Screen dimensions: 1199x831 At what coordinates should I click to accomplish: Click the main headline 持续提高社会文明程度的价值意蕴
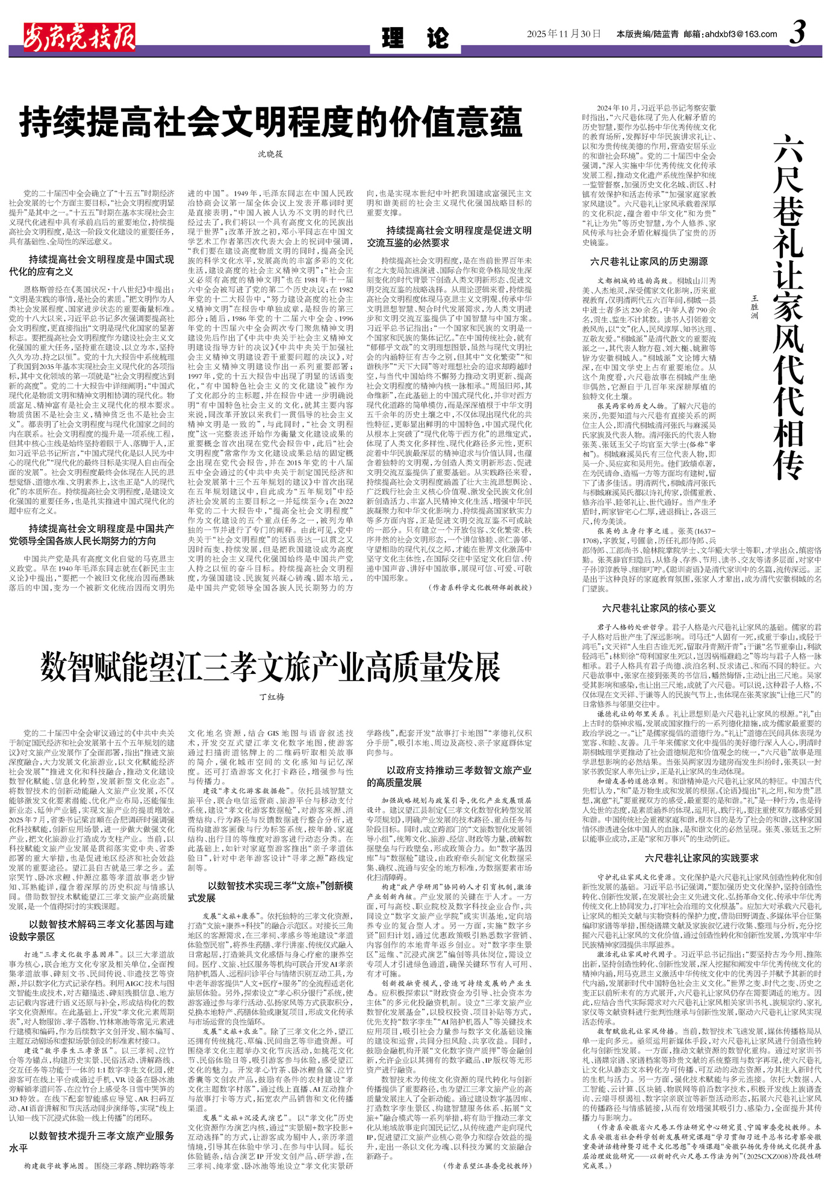pyautogui.click(x=270, y=122)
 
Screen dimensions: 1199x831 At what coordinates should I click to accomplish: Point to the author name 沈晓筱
pyautogui.click(x=270, y=154)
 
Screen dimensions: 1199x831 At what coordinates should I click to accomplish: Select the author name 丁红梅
pyautogui.click(x=272, y=697)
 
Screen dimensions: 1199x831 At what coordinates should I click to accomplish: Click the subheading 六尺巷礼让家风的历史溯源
pyautogui.click(x=649, y=261)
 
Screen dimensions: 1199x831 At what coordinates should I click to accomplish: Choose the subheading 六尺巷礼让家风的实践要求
pyautogui.click(x=702, y=858)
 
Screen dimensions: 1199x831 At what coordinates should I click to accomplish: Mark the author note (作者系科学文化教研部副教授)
pyautogui.click(x=480, y=587)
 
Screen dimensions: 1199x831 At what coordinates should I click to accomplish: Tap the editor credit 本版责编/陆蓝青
pyautogui.click(x=647, y=34)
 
